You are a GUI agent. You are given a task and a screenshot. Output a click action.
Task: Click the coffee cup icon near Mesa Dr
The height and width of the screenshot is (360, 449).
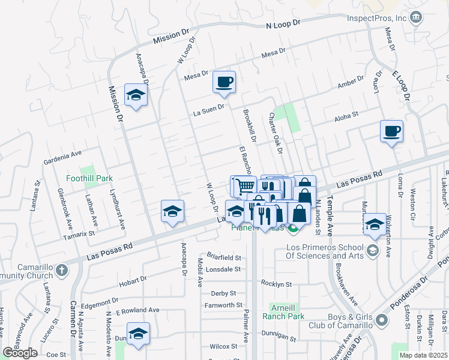tap(224, 82)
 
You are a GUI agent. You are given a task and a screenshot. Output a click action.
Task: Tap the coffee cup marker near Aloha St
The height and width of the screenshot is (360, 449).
tap(391, 131)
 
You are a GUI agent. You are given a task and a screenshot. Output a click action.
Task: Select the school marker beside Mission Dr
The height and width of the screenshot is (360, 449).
tap(136, 94)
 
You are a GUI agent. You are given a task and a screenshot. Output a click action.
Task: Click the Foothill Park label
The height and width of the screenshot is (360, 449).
tap(90, 178)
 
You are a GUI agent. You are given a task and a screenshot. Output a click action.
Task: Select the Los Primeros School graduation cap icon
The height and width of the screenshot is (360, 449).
tap(372, 249)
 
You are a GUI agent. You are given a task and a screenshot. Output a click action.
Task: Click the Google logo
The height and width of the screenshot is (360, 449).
tap(20, 352)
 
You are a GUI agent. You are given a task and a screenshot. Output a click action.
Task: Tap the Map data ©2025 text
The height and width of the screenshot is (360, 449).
tap(424, 355)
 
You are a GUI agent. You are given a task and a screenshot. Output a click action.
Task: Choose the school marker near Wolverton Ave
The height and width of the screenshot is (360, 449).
tap(375, 223)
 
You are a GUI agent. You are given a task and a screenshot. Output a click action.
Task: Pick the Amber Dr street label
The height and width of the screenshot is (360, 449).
tap(351, 82)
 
